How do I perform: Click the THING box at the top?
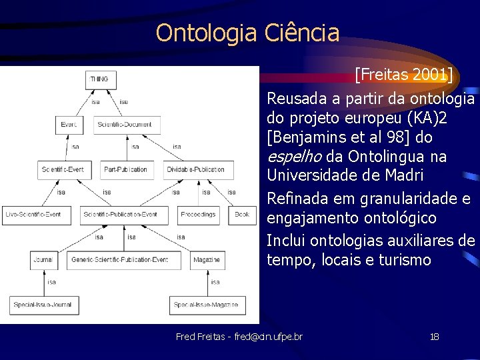pos(99,79)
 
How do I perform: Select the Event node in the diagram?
pos(68,125)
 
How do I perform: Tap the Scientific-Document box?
pos(124,125)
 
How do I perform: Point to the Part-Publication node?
pos(125,169)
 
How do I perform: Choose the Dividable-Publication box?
pos(195,169)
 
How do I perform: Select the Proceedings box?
pos(198,214)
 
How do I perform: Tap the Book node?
pos(242,214)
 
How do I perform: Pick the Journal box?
pos(44,259)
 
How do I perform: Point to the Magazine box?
pos(207,259)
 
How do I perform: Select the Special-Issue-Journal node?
pos(45,305)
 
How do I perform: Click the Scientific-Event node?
pos(63,169)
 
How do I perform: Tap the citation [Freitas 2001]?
pos(403,75)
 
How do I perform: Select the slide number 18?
pos(434,337)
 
